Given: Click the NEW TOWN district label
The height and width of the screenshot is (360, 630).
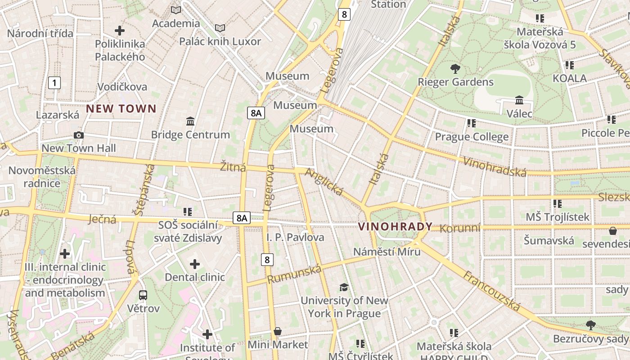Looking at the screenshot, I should (x=121, y=108).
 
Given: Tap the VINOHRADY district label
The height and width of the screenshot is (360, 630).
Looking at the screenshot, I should (x=395, y=227).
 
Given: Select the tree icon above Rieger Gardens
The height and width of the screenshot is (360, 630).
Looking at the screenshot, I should (x=455, y=69).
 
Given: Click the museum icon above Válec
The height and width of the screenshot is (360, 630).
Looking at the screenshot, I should (x=519, y=100).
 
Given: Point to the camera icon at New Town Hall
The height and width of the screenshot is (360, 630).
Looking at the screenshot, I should (x=79, y=135).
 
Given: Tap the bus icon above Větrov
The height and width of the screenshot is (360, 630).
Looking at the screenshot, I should (x=143, y=295).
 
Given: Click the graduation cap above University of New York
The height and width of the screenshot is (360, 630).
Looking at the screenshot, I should (x=344, y=287).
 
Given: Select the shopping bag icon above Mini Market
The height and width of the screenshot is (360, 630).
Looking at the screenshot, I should (x=278, y=332).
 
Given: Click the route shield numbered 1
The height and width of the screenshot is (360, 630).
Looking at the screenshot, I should (x=54, y=83).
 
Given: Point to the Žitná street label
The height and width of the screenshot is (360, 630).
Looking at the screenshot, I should (x=233, y=167).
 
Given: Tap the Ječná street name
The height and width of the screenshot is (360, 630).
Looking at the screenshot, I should (x=102, y=219).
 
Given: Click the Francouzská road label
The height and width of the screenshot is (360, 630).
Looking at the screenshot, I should (x=491, y=292).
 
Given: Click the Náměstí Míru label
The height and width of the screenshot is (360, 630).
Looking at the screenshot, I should (x=387, y=252).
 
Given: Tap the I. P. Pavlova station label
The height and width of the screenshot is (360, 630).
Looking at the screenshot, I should (x=295, y=237).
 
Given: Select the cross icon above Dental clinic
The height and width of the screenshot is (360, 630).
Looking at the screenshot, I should (x=194, y=264).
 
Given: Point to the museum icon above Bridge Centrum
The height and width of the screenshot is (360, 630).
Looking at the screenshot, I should (x=190, y=121).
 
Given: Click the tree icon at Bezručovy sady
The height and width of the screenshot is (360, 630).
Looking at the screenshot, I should (x=591, y=325).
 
